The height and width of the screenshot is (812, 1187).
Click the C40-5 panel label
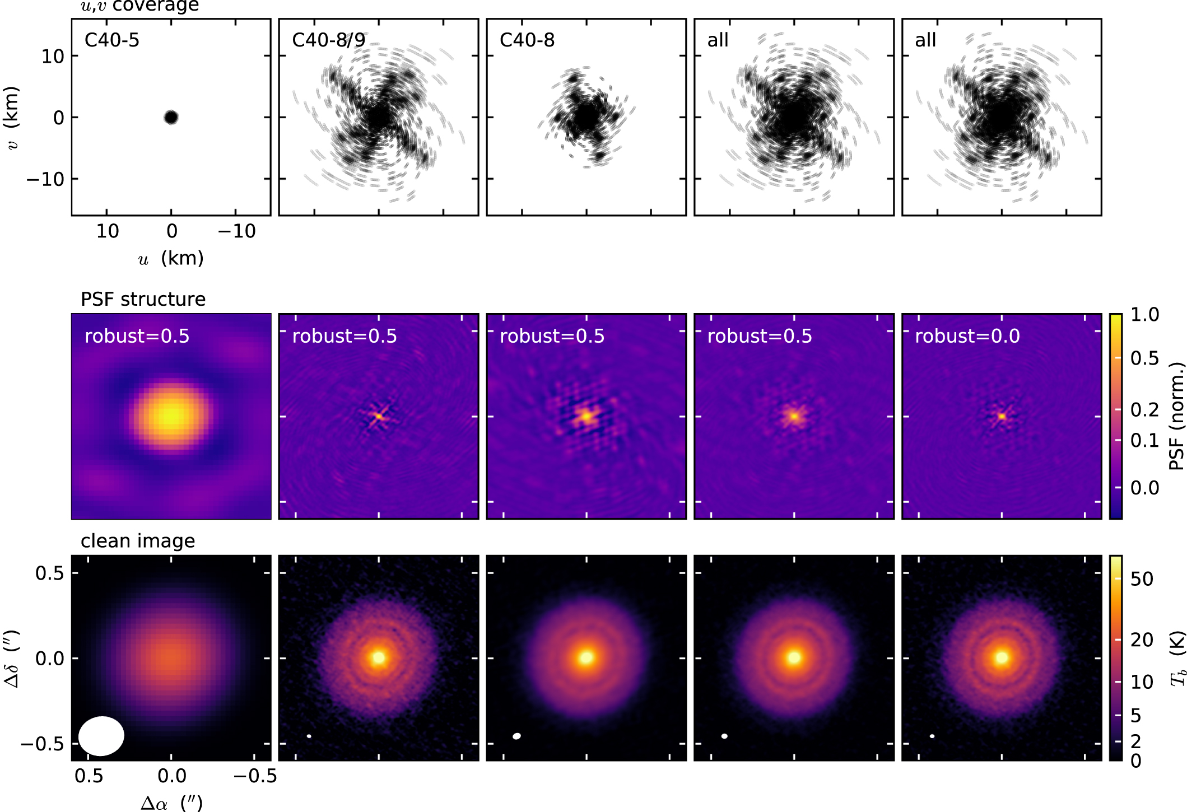click(x=111, y=40)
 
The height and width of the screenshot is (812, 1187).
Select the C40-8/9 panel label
click(x=329, y=40)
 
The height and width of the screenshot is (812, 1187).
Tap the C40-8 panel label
click(x=527, y=40)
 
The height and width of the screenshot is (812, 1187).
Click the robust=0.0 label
click(x=967, y=336)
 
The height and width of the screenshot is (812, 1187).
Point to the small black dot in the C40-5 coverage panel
click(x=171, y=117)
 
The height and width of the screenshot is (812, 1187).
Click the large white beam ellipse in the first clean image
click(x=101, y=735)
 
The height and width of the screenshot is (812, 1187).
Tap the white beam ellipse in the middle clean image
click(x=516, y=736)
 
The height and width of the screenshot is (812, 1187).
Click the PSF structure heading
click(x=143, y=299)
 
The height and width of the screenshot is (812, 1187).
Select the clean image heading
click(x=138, y=541)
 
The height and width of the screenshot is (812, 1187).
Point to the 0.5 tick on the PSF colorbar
click(x=1144, y=358)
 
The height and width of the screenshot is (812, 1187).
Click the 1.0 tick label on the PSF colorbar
click(x=1144, y=315)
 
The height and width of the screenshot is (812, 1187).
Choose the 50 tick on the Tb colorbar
click(x=1142, y=579)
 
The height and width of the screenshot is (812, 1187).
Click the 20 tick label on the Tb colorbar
click(x=1142, y=640)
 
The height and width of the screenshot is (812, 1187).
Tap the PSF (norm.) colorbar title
click(x=1177, y=416)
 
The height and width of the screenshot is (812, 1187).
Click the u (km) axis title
click(x=171, y=258)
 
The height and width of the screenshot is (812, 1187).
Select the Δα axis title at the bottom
click(x=171, y=802)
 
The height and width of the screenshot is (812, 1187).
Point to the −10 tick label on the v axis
click(x=45, y=179)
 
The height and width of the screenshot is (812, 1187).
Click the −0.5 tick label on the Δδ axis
click(x=42, y=744)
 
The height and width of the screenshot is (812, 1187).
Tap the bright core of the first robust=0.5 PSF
click(x=170, y=415)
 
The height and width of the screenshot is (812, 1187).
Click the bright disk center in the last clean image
click(x=1002, y=657)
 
